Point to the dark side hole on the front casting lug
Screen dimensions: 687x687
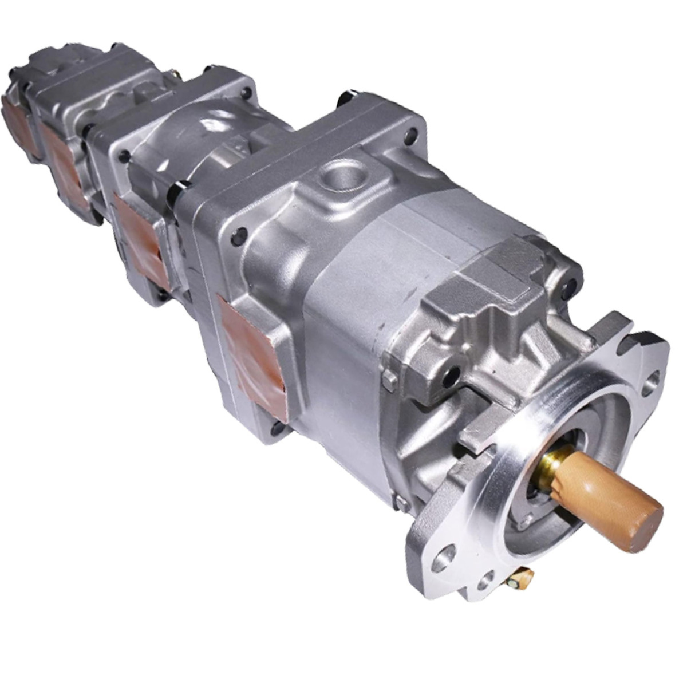click(452, 375)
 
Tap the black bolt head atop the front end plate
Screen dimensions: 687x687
click(350, 96)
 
